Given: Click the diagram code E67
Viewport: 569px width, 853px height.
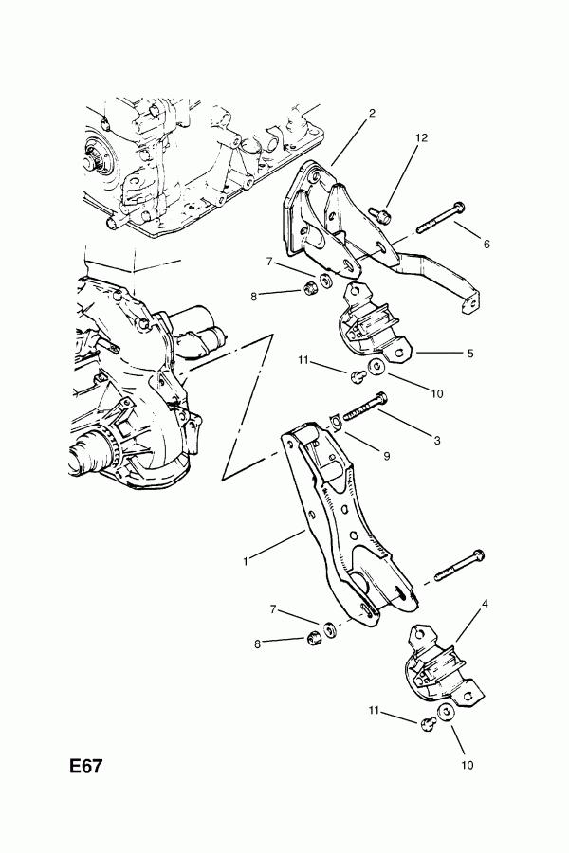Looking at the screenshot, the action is click(x=85, y=767).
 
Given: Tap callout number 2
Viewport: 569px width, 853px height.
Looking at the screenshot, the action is click(x=372, y=113).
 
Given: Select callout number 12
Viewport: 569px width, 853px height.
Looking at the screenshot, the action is click(x=421, y=137).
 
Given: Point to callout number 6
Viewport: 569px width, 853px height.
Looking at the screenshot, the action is click(x=486, y=244).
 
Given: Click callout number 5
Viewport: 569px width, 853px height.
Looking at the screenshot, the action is click(x=470, y=354).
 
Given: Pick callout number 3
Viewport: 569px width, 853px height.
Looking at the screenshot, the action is click(x=436, y=440).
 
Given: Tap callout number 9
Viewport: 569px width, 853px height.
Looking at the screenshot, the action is click(x=386, y=456).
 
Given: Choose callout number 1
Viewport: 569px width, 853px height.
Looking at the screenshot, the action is click(x=246, y=561).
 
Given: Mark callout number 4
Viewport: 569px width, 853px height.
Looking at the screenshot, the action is click(x=485, y=604).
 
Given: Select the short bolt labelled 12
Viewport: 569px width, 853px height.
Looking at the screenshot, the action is click(x=380, y=214).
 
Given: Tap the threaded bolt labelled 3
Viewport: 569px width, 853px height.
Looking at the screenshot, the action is click(x=365, y=408).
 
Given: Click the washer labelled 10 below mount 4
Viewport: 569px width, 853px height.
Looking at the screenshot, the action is click(x=446, y=712).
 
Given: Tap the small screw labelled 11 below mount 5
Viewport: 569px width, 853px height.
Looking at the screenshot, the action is click(x=357, y=375).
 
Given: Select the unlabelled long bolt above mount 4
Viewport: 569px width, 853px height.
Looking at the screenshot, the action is click(x=459, y=565).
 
